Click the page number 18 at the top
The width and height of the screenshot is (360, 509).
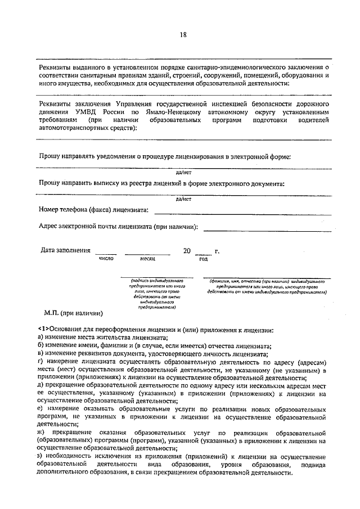pos(183,34)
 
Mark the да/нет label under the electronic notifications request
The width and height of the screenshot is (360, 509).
pos(183,173)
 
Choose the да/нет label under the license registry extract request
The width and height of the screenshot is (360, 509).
pos(183,199)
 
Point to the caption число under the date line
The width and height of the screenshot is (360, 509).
pos(106,259)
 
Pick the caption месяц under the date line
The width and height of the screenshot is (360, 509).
pos(148,259)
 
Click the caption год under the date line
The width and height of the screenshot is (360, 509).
pos(203,259)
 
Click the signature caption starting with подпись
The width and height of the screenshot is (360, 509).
pos(156,293)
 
